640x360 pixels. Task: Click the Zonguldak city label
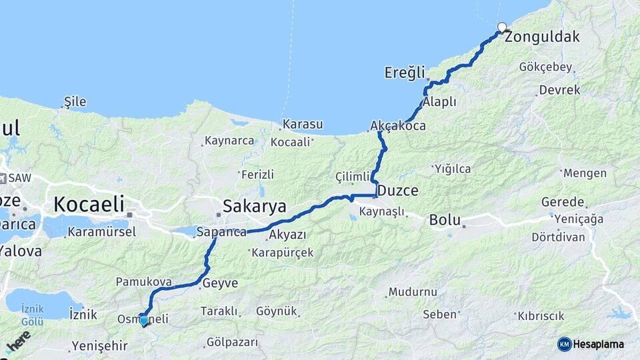[542, 37]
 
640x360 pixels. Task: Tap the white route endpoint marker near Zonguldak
[502, 28]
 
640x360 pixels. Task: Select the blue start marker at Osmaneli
[143, 320]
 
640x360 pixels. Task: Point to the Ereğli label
[404, 73]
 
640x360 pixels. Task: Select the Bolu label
[445, 219]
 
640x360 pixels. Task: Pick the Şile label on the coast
[75, 102]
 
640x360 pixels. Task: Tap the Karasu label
[302, 125]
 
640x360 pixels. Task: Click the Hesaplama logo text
[599, 344]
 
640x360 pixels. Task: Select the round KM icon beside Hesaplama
[565, 344]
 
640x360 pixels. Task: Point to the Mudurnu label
[414, 292]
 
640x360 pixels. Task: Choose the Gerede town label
[563, 202]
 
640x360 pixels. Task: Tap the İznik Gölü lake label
[32, 315]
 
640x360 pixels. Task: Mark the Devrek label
[559, 90]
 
